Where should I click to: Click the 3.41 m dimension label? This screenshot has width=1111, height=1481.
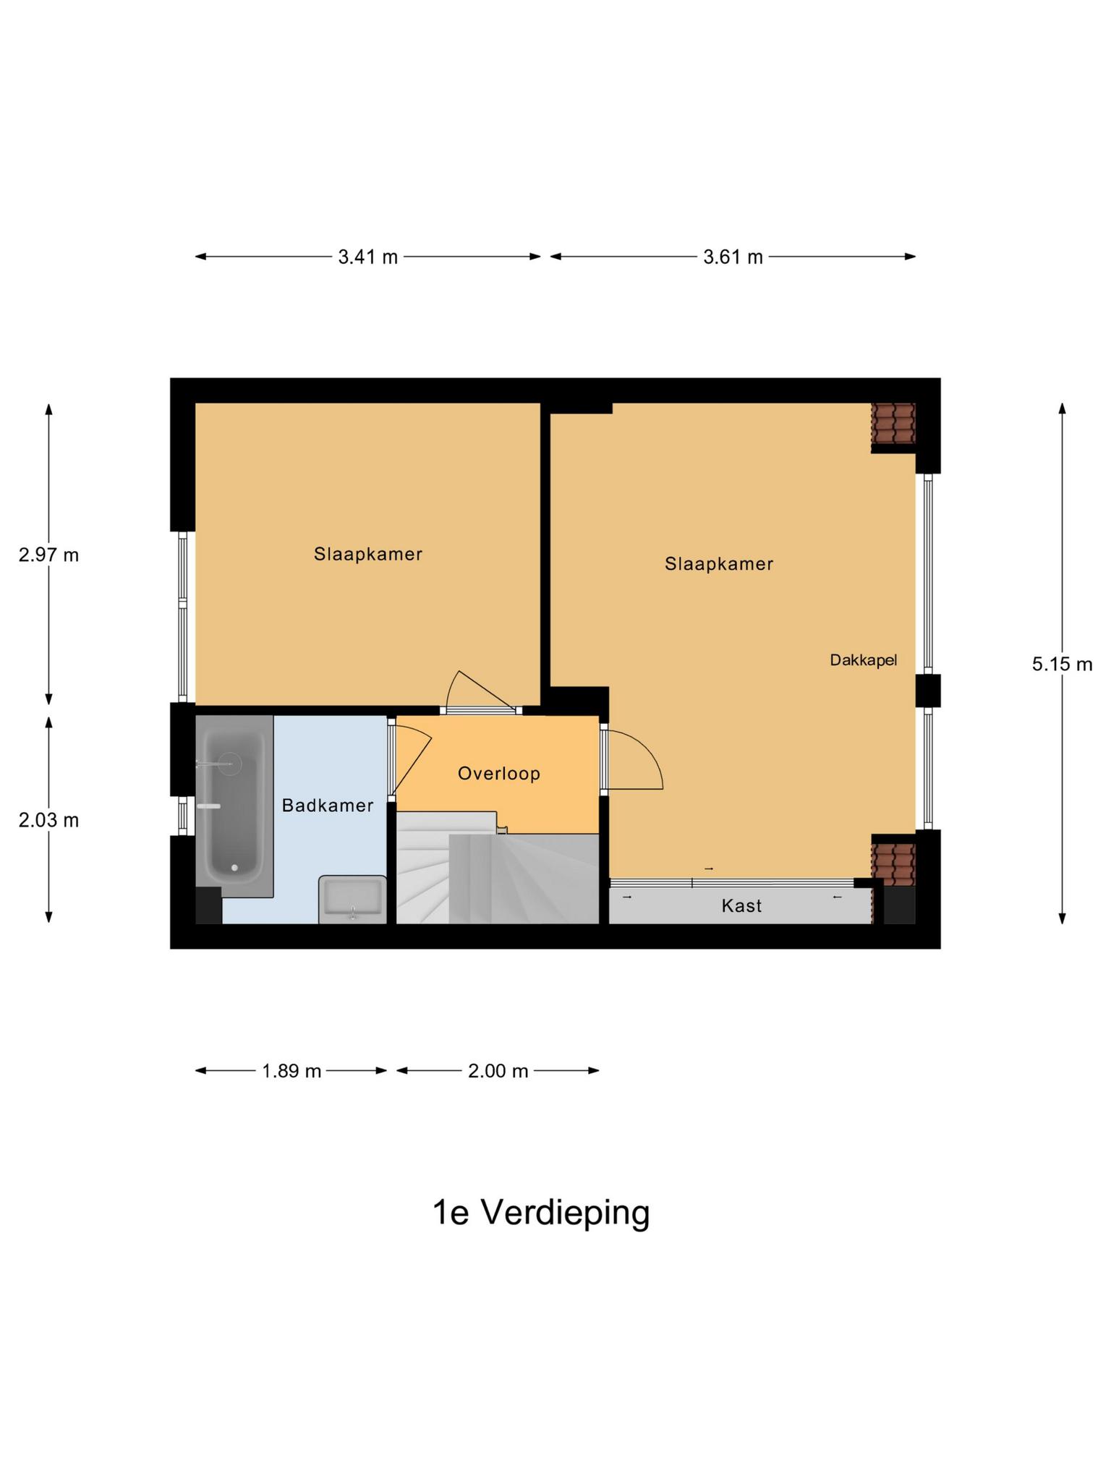click(x=367, y=257)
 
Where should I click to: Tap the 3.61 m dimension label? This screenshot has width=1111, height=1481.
click(x=733, y=257)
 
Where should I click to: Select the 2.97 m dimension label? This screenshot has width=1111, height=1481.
click(x=48, y=555)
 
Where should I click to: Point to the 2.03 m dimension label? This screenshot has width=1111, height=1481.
click(x=48, y=820)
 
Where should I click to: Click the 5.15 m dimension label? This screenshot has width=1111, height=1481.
click(x=1061, y=664)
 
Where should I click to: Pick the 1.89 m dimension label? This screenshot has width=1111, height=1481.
click(x=291, y=1071)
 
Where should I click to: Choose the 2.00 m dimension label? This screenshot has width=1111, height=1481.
click(x=498, y=1071)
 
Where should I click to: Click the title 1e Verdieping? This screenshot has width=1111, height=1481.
click(x=540, y=1213)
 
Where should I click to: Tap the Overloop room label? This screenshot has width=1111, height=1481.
click(x=498, y=774)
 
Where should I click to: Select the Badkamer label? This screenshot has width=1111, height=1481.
click(x=327, y=806)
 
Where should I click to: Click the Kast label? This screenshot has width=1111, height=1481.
click(x=741, y=906)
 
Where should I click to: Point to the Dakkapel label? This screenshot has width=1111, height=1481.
click(x=863, y=660)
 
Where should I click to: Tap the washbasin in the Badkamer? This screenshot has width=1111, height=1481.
click(x=352, y=900)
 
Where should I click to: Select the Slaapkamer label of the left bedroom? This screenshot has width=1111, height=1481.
click(x=367, y=555)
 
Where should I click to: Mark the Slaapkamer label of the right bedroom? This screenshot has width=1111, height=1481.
click(x=719, y=564)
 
